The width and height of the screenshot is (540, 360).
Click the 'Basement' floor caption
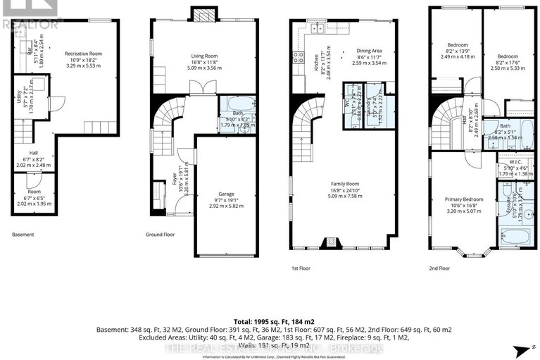pyautogui.click(x=23, y=235)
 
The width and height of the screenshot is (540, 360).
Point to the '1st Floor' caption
pyautogui.click(x=301, y=268)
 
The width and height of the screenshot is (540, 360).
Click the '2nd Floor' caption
pyautogui.click(x=439, y=268)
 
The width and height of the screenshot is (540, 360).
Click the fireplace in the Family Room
pyautogui.click(x=329, y=243)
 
